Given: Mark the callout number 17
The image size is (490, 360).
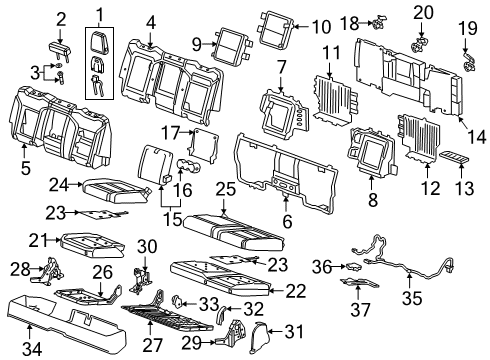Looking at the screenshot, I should [x=170, y=132].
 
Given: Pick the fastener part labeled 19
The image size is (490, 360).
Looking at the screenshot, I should [x=467, y=65].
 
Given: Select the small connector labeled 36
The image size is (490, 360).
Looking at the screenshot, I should [x=353, y=266].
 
